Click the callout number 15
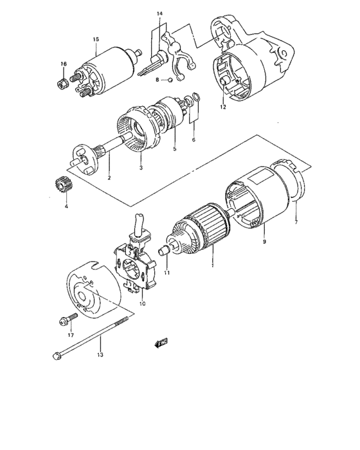(x=95, y=40)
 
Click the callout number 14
(x=159, y=14)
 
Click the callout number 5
(x=174, y=149)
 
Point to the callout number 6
(x=194, y=139)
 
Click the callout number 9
(x=264, y=242)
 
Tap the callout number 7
(x=296, y=221)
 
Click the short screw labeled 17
(x=66, y=319)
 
